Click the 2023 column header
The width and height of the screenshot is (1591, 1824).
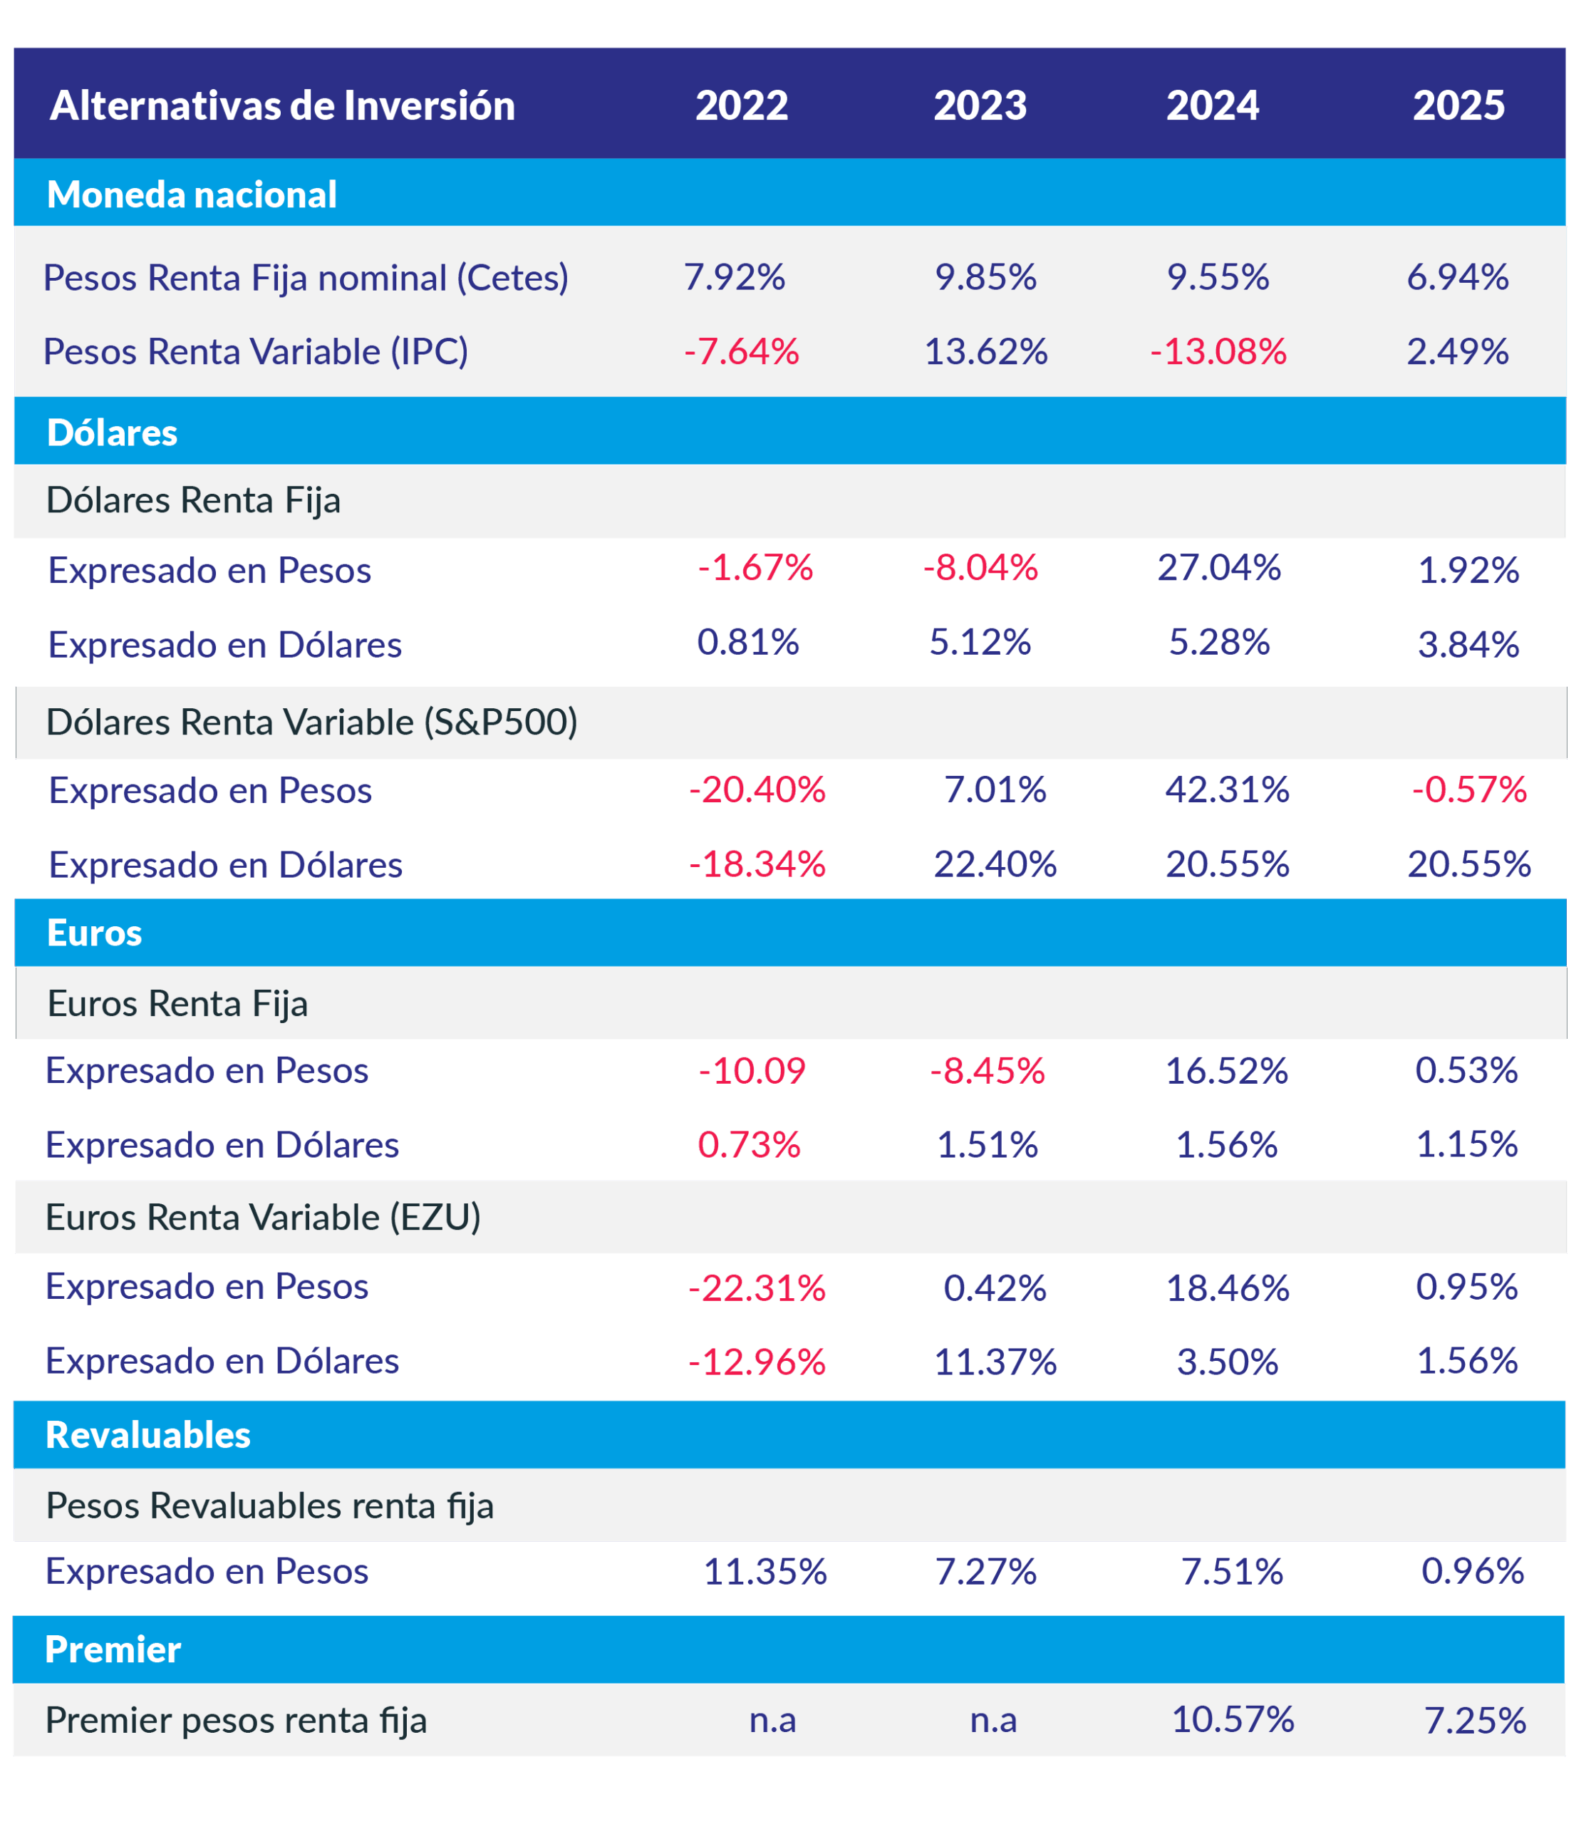[980, 105]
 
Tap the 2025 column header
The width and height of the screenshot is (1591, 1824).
[1458, 105]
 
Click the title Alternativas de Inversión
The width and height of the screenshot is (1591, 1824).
[282, 105]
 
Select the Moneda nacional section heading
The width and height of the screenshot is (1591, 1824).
[192, 195]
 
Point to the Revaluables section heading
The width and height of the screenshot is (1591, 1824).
[148, 1435]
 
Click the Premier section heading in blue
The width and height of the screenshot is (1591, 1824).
[113, 1649]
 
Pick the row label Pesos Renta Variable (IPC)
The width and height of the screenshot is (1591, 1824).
[256, 352]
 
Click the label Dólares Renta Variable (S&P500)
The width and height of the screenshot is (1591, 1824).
[311, 722]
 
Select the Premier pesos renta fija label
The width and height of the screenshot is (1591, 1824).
[236, 1720]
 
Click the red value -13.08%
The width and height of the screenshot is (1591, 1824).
[1218, 352]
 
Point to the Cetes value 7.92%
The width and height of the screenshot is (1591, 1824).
[735, 277]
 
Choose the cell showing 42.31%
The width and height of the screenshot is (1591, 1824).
[1227, 789]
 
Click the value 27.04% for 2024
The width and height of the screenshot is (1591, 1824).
[1219, 567]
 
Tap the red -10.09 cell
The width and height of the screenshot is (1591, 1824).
[752, 1071]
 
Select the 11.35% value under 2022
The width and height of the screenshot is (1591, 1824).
[765, 1572]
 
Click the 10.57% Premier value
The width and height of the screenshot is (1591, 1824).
[1233, 1719]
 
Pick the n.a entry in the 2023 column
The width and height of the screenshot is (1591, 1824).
[993, 1721]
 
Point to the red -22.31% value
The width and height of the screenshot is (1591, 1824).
[757, 1287]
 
